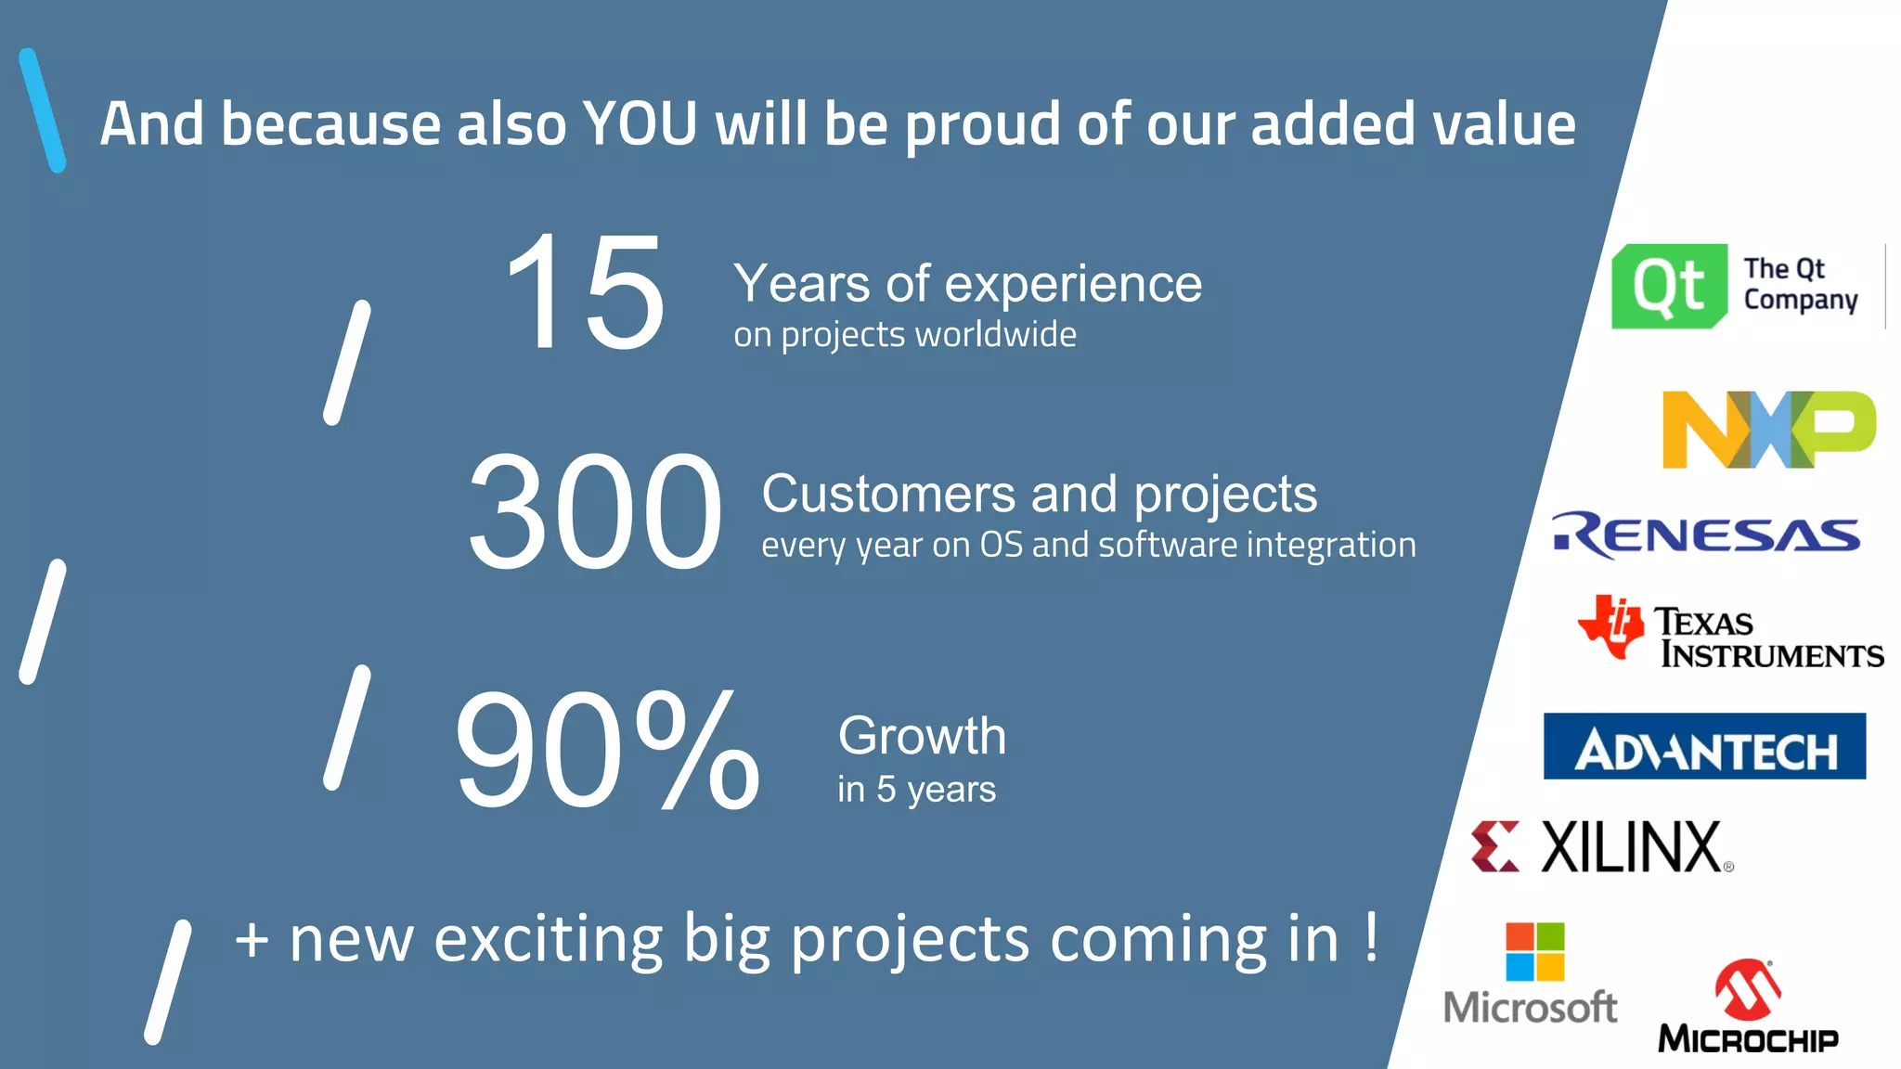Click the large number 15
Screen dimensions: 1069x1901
(x=585, y=293)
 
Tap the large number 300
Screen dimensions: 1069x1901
(x=594, y=512)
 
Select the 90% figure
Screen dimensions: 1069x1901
(x=608, y=750)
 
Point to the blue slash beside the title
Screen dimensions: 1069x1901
(x=43, y=110)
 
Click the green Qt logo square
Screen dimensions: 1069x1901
(x=1669, y=286)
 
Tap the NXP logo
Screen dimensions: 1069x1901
(x=1768, y=430)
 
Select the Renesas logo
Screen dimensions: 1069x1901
(x=1706, y=534)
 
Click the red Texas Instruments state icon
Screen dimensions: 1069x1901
(x=1610, y=626)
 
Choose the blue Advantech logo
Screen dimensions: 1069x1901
(x=1704, y=746)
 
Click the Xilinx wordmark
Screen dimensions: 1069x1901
(x=1631, y=847)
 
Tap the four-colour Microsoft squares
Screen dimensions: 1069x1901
(x=1534, y=951)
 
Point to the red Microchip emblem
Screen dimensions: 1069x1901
(x=1747, y=989)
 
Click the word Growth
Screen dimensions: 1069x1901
(x=922, y=736)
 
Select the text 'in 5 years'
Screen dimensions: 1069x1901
(x=916, y=790)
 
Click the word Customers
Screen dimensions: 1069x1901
(x=888, y=494)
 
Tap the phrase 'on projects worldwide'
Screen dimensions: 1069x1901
(x=904, y=334)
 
